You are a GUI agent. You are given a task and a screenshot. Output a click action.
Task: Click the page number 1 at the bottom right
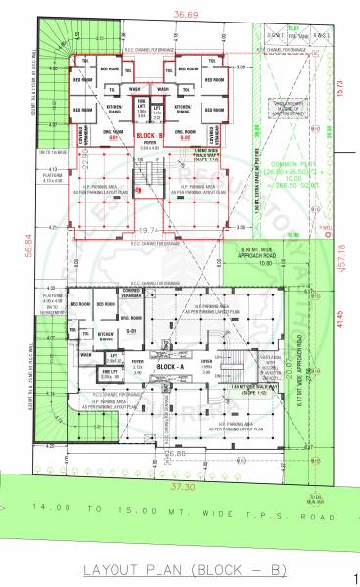[354, 580]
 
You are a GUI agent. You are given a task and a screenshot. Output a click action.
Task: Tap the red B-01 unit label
[114, 138]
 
